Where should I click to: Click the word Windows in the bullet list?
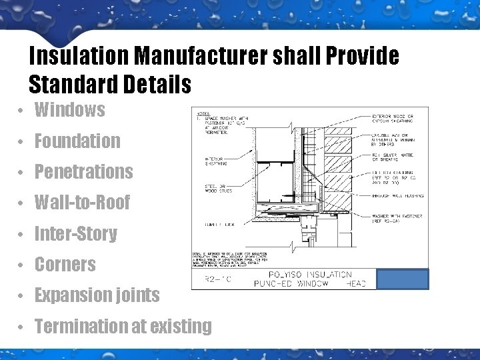(x=69, y=110)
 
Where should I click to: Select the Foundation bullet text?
(x=77, y=141)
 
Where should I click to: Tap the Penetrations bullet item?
(x=83, y=172)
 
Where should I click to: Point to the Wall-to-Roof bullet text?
(x=82, y=203)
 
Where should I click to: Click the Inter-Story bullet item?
(x=75, y=234)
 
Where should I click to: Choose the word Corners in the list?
(x=65, y=265)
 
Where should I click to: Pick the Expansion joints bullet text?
(x=97, y=295)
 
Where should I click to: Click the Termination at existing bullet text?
(x=123, y=327)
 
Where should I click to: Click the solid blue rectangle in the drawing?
(x=403, y=279)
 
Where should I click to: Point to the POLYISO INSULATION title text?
(x=309, y=274)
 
